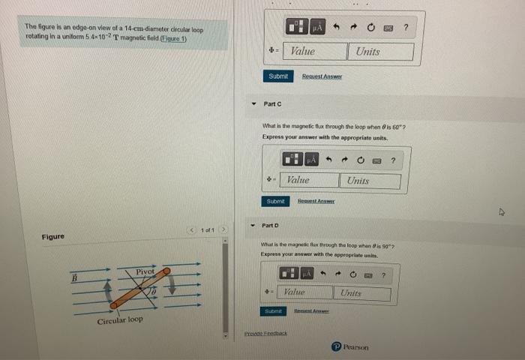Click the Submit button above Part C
tap(277, 76)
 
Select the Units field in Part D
tap(363, 293)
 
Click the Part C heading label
tap(272, 103)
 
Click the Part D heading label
tap(270, 225)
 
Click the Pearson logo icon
tap(337, 346)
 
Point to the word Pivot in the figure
tap(145, 271)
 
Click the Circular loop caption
tap(119, 320)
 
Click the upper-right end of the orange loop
tap(166, 271)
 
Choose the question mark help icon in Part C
tap(392, 159)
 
